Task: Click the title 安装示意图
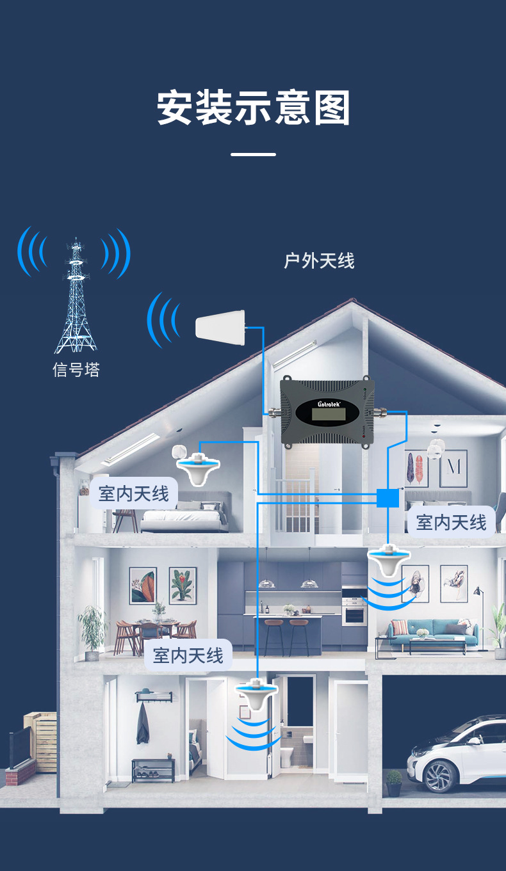point(254,109)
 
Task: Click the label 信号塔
point(76,370)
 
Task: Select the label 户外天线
point(319,261)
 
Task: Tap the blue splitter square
point(387,497)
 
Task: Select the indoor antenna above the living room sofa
point(389,561)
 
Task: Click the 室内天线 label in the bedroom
point(134,493)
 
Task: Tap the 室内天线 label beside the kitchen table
point(188,655)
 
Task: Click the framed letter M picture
point(453,468)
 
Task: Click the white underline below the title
point(253,154)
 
